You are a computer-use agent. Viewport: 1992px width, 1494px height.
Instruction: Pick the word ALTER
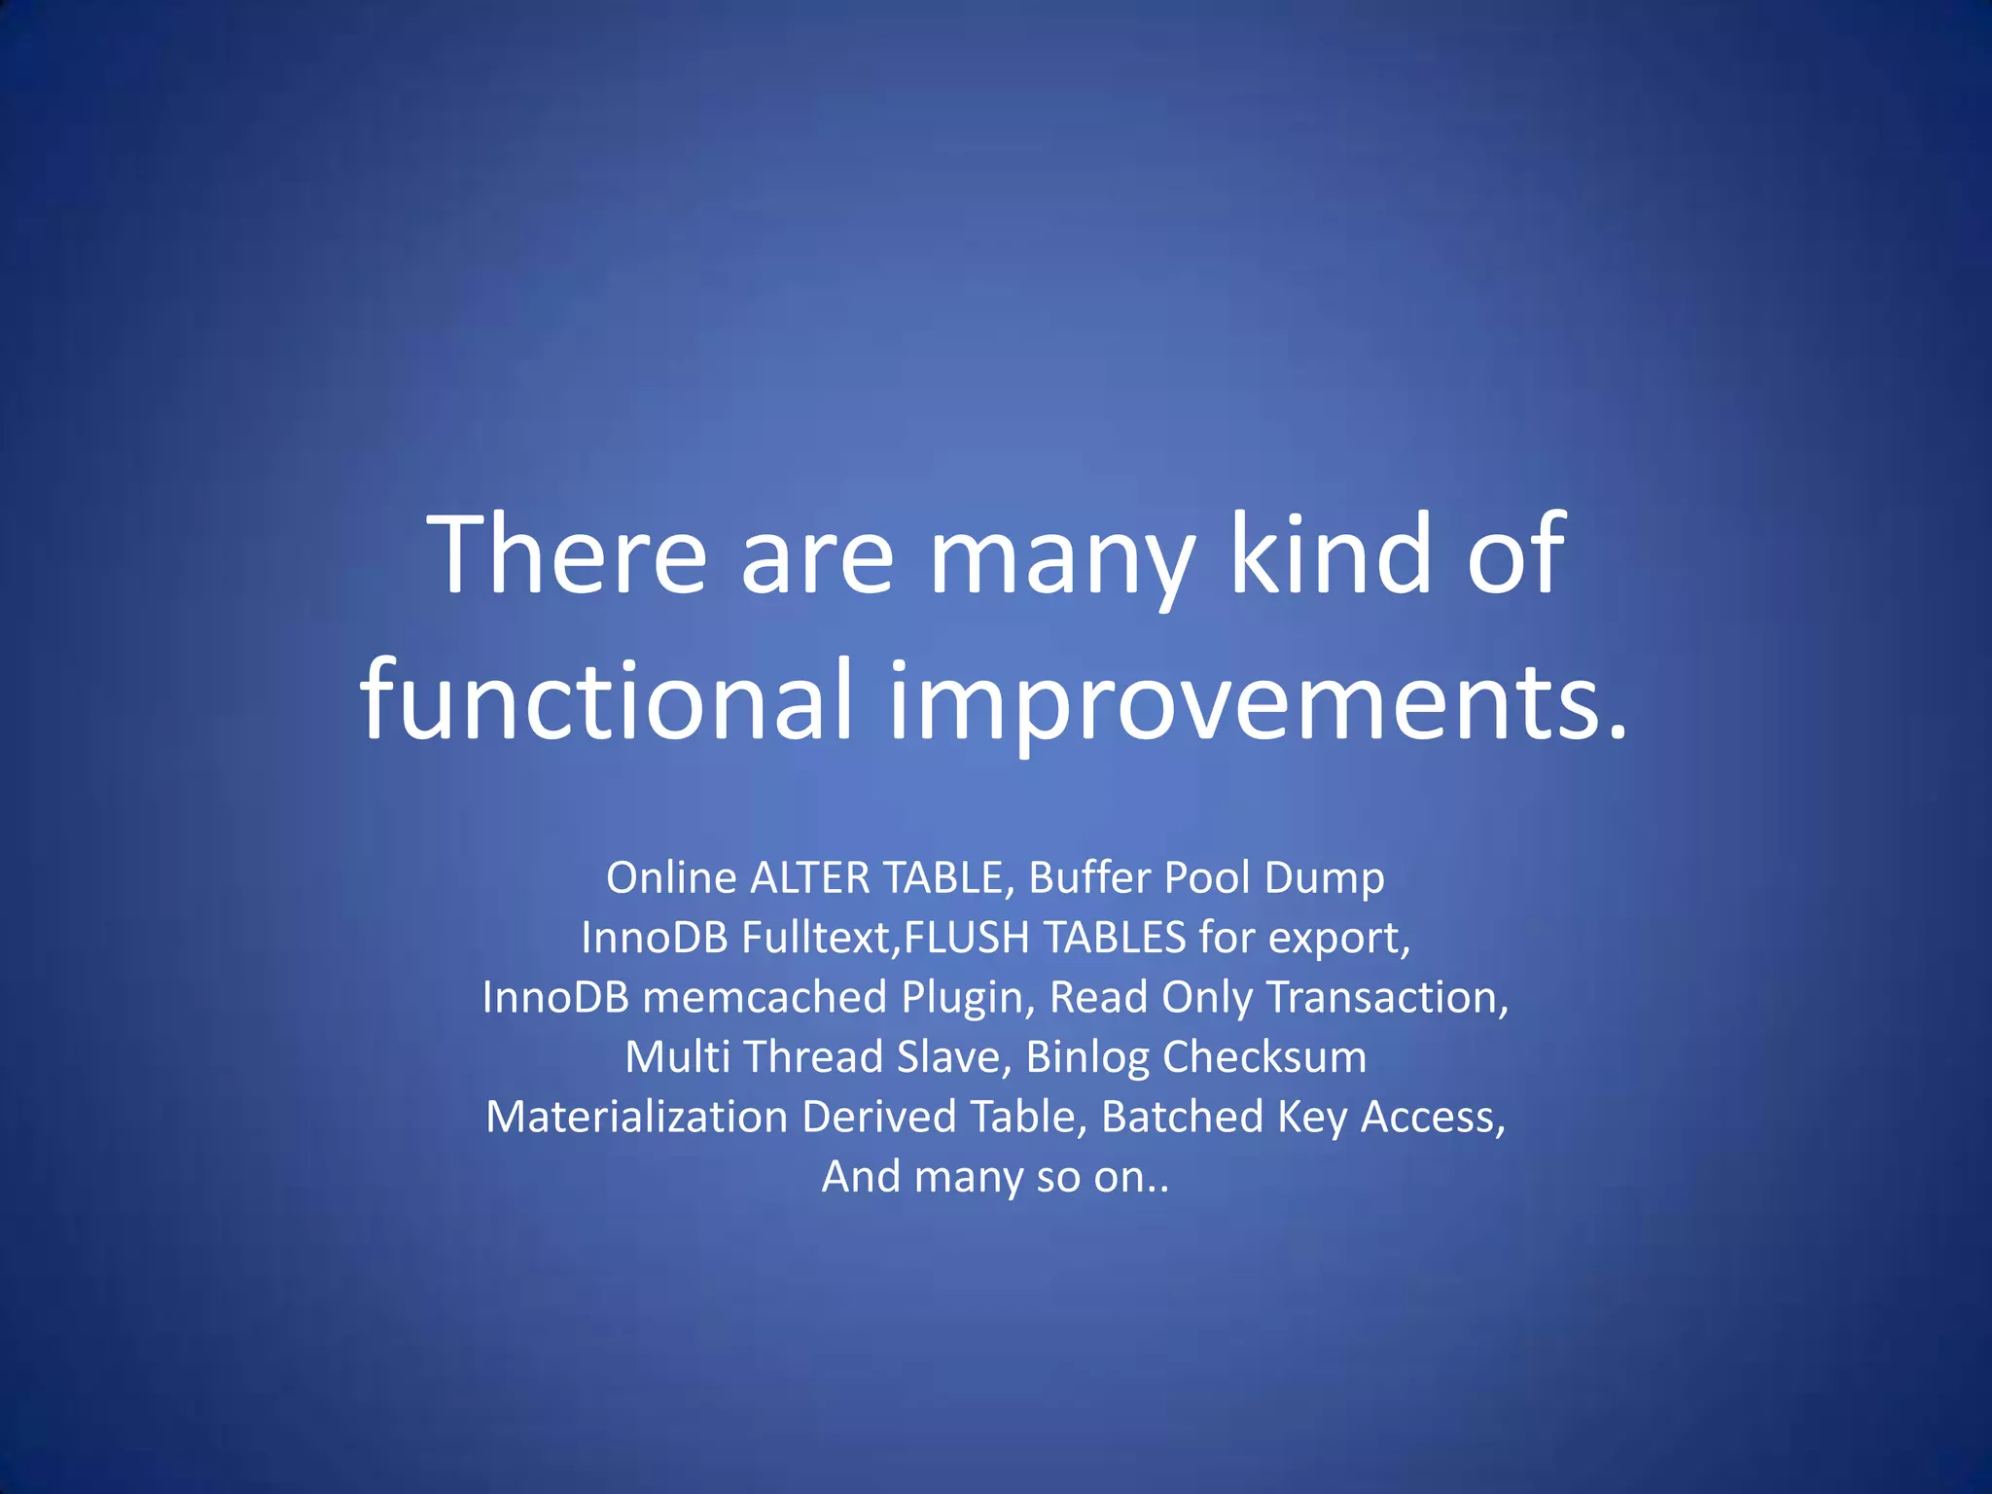tap(809, 877)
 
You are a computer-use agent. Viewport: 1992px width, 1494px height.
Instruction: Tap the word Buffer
tap(1089, 877)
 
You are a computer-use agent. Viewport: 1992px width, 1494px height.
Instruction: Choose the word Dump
tap(1324, 879)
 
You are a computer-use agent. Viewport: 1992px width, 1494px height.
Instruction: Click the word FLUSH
tap(967, 938)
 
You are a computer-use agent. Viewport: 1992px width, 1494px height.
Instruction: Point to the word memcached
tap(765, 997)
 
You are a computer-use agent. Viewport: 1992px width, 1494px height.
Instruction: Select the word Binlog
tap(1087, 1058)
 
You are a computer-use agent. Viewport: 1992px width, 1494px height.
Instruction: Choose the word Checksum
tap(1264, 1057)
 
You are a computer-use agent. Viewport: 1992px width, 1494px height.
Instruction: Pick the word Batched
tap(1183, 1117)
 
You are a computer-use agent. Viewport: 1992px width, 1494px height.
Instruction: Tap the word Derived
tap(878, 1117)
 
